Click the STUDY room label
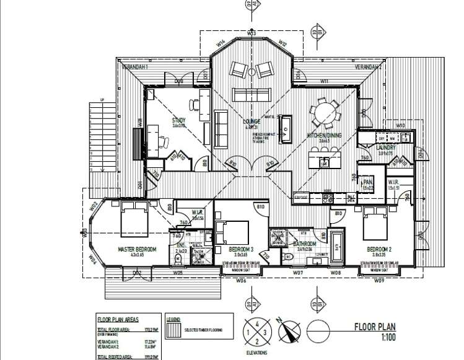pos(179,121)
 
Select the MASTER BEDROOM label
pos(137,249)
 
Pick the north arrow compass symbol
pos(286,330)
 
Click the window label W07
pos(297,273)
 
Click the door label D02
pos(137,273)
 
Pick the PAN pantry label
pos(367,182)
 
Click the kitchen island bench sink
pos(323,162)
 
